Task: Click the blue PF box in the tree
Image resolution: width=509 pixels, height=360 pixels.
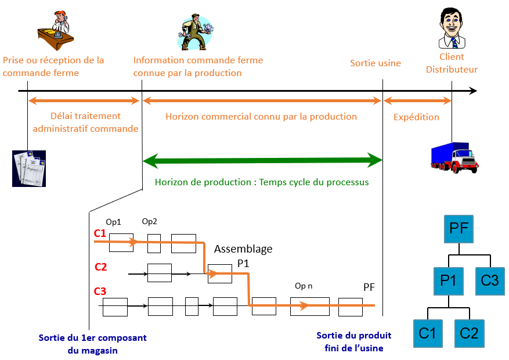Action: pos(459,228)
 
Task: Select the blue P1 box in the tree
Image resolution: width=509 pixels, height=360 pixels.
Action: pos(448,280)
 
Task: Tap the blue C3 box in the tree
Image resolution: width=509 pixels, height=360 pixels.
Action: pos(490,280)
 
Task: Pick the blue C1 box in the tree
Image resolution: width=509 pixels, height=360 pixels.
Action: pos(427,333)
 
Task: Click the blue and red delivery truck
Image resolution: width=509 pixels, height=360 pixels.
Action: pos(454,158)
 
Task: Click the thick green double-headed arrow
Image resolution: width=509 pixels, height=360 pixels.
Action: pos(262,159)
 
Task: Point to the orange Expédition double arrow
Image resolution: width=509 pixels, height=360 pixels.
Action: pos(417,101)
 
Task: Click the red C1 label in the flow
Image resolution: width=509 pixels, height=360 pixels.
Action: pos(100,233)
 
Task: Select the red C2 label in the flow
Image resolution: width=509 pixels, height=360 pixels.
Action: pos(100,267)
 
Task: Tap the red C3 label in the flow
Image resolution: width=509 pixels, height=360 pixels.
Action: pos(100,291)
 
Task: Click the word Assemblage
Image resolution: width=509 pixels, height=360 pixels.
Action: pos(243,249)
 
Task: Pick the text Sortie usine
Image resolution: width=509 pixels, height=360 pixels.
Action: pos(375,63)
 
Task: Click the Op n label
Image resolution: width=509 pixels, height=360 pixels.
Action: pos(304,286)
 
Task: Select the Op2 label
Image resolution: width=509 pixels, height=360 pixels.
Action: pos(150,222)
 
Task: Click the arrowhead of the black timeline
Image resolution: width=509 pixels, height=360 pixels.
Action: pos(473,91)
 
